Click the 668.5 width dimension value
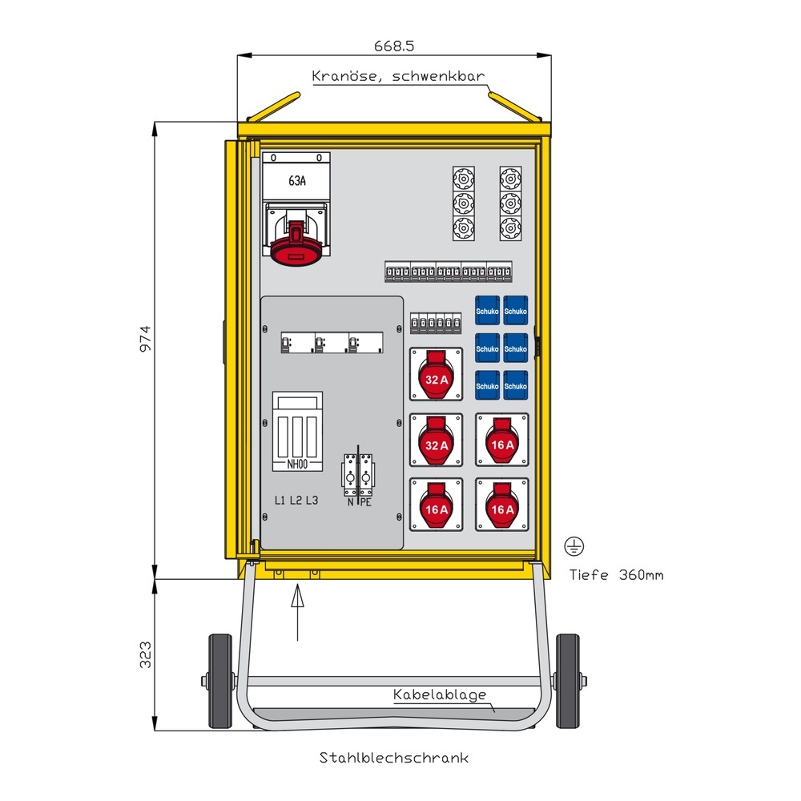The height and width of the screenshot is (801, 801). pos(393,46)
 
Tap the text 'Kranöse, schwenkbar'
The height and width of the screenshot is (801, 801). pos(398,76)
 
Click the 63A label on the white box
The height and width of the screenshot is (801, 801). pos(296,181)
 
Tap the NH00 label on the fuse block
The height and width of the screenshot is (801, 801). pos(297,463)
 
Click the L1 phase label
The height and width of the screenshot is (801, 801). pos(280,501)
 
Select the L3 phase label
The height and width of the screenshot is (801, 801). pos(312,501)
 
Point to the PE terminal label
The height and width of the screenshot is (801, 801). pos(365,502)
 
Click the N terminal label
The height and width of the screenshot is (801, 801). pos(350,502)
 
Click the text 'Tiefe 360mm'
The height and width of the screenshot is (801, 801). pos(616,574)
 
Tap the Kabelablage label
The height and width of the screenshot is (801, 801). pos(440,694)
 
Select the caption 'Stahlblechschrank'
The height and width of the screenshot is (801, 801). pos(394,757)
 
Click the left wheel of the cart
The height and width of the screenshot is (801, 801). pos(219,681)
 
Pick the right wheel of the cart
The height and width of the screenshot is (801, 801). pos(568,681)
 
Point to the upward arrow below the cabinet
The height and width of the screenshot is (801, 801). pos(297,613)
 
